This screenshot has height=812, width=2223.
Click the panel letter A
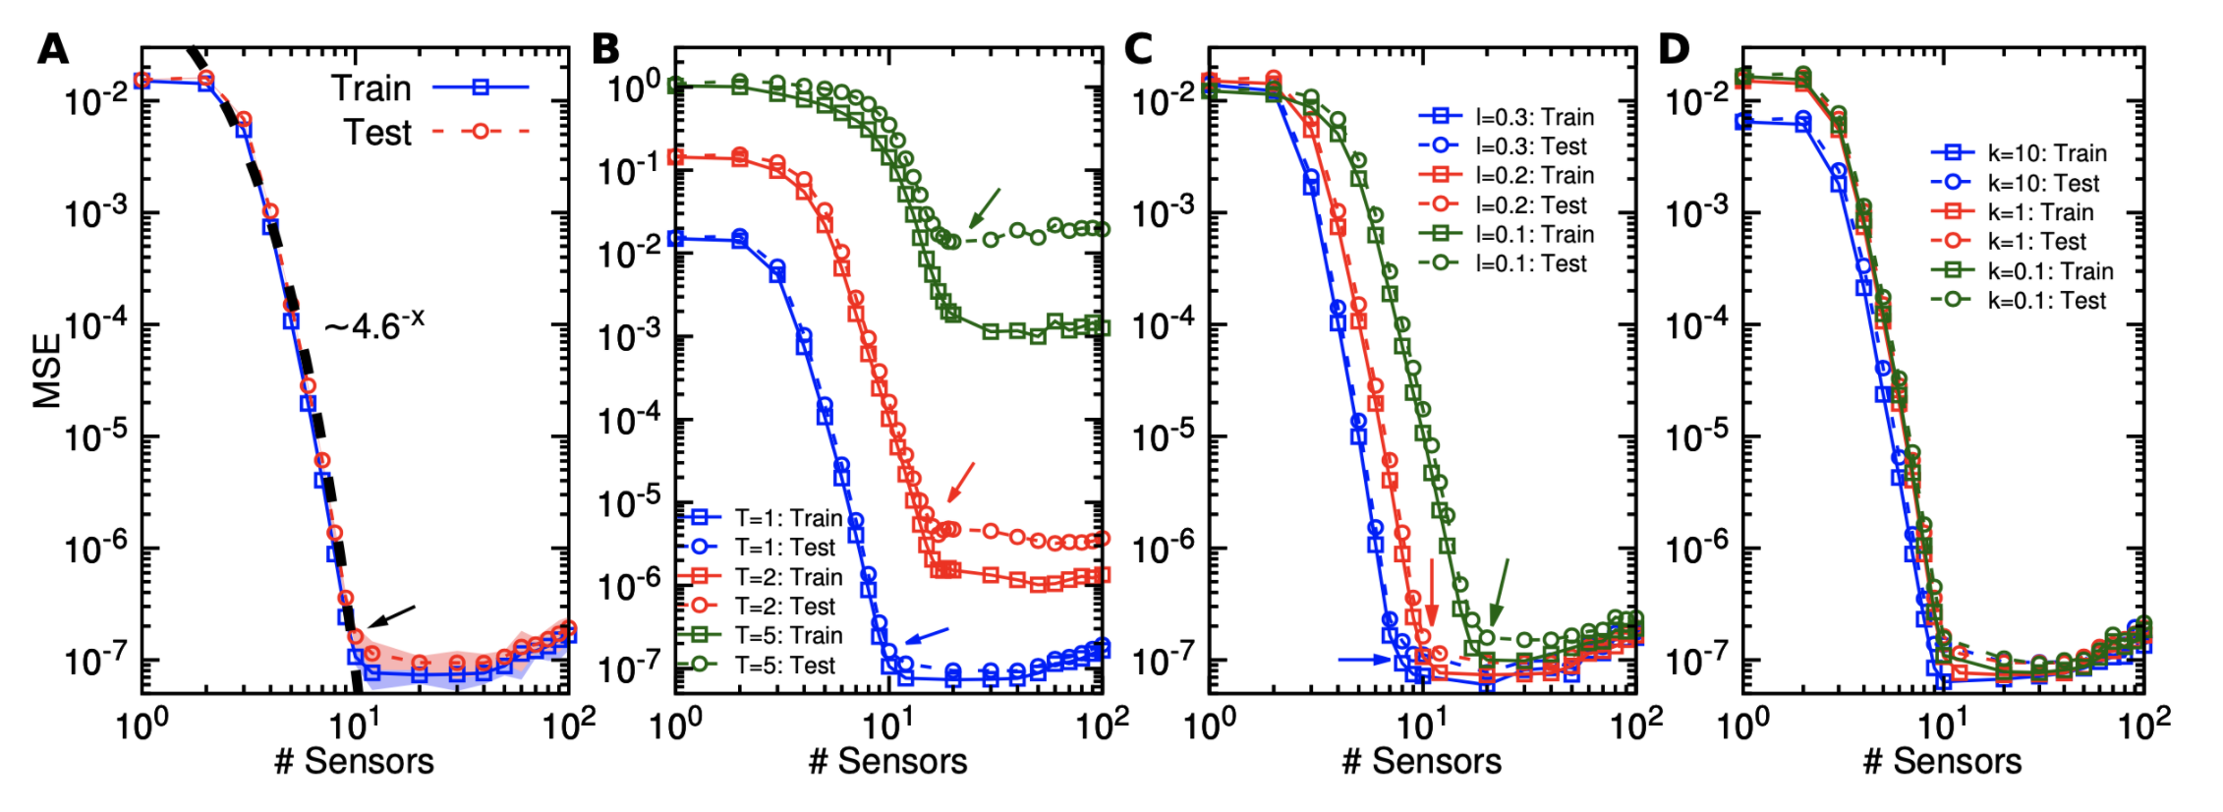coord(53,48)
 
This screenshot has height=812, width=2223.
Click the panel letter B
coord(605,48)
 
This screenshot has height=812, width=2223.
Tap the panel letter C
coord(1137,48)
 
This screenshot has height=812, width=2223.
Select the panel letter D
coord(1674,48)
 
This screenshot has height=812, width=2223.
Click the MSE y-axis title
coord(47,371)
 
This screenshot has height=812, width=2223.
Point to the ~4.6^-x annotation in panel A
coord(374,323)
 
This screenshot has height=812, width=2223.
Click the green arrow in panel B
coord(985,207)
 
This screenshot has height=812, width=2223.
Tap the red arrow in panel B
coord(961,482)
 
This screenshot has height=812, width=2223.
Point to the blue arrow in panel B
coord(927,635)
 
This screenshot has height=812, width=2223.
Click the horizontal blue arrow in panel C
coord(1364,660)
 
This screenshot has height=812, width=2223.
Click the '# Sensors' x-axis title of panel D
coord(1943,761)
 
